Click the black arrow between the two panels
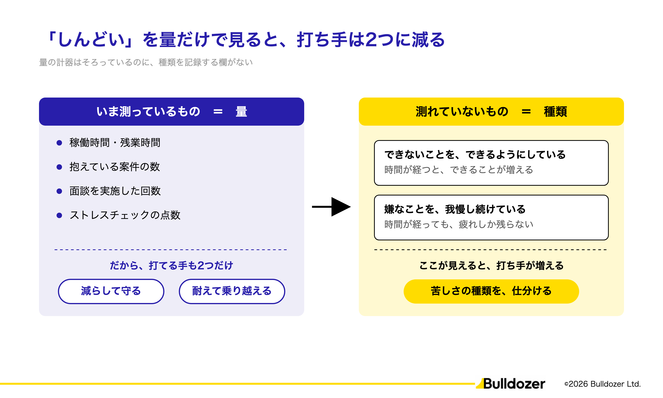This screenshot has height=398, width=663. point(331,207)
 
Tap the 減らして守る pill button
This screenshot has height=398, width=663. point(111,291)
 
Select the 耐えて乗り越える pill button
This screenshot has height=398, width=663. point(232,291)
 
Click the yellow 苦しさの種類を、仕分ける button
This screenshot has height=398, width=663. point(491,291)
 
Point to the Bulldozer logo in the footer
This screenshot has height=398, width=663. point(511,384)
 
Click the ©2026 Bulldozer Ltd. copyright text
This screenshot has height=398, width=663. point(602,384)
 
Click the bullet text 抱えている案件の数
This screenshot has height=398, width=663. point(115,167)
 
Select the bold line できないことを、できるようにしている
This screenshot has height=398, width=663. point(475,155)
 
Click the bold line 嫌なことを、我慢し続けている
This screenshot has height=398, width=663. point(455,209)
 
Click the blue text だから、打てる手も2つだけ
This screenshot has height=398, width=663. point(172,266)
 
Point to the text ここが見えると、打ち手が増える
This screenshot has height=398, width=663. point(491,266)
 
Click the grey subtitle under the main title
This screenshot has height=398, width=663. point(146,62)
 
